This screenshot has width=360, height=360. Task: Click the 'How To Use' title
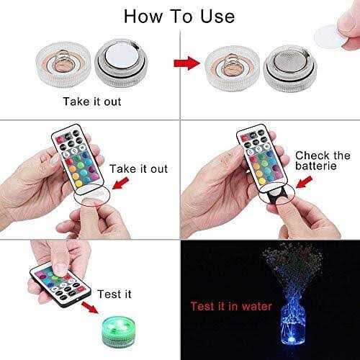point(179,15)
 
